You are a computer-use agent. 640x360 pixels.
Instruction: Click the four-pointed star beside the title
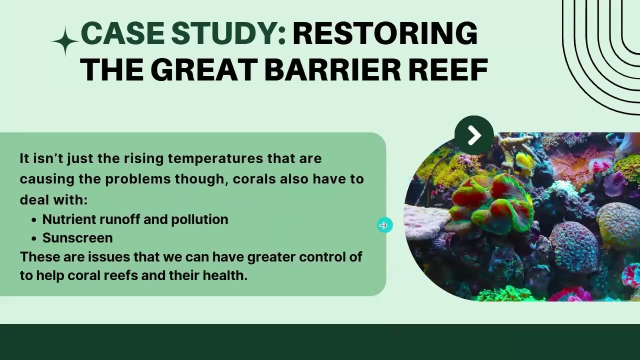(65, 41)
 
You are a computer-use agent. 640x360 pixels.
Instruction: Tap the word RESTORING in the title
(385, 33)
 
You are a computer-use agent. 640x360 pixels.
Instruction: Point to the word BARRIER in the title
(332, 69)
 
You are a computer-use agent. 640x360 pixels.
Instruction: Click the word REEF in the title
(448, 69)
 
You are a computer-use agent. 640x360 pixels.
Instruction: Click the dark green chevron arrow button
(474, 135)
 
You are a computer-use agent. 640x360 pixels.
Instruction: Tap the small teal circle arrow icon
(385, 225)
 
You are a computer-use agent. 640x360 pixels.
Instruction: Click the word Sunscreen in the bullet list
(77, 238)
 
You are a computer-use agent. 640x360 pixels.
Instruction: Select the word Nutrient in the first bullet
(69, 219)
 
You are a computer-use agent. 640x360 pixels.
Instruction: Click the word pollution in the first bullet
(199, 219)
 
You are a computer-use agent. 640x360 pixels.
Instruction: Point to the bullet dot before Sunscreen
(34, 238)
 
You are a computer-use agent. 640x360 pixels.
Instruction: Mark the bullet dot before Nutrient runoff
(34, 220)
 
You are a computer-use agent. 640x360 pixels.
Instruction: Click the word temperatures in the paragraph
(215, 158)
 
